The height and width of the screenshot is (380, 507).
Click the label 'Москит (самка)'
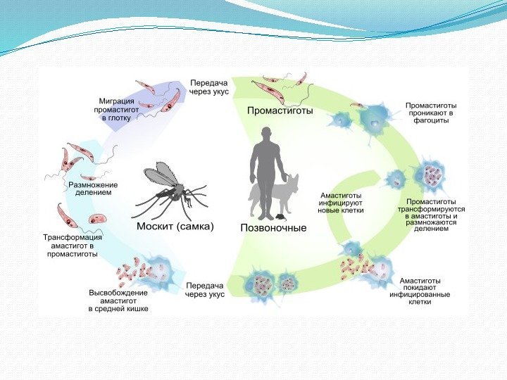(x=174, y=228)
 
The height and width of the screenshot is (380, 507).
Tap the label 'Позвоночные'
(x=273, y=228)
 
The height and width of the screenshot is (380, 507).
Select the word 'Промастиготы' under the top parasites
(x=280, y=110)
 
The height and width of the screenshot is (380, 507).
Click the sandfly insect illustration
(x=172, y=188)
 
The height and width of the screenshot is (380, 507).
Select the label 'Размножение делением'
(x=92, y=189)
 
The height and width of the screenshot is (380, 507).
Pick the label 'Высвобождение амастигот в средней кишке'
(x=118, y=300)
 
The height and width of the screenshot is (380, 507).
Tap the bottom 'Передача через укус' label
(x=205, y=290)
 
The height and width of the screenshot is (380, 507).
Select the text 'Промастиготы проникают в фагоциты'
(x=430, y=113)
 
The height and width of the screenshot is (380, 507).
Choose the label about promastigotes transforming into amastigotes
(x=431, y=215)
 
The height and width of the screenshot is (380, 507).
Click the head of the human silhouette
(x=265, y=133)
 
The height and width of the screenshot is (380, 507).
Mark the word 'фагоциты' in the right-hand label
(x=430, y=121)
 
